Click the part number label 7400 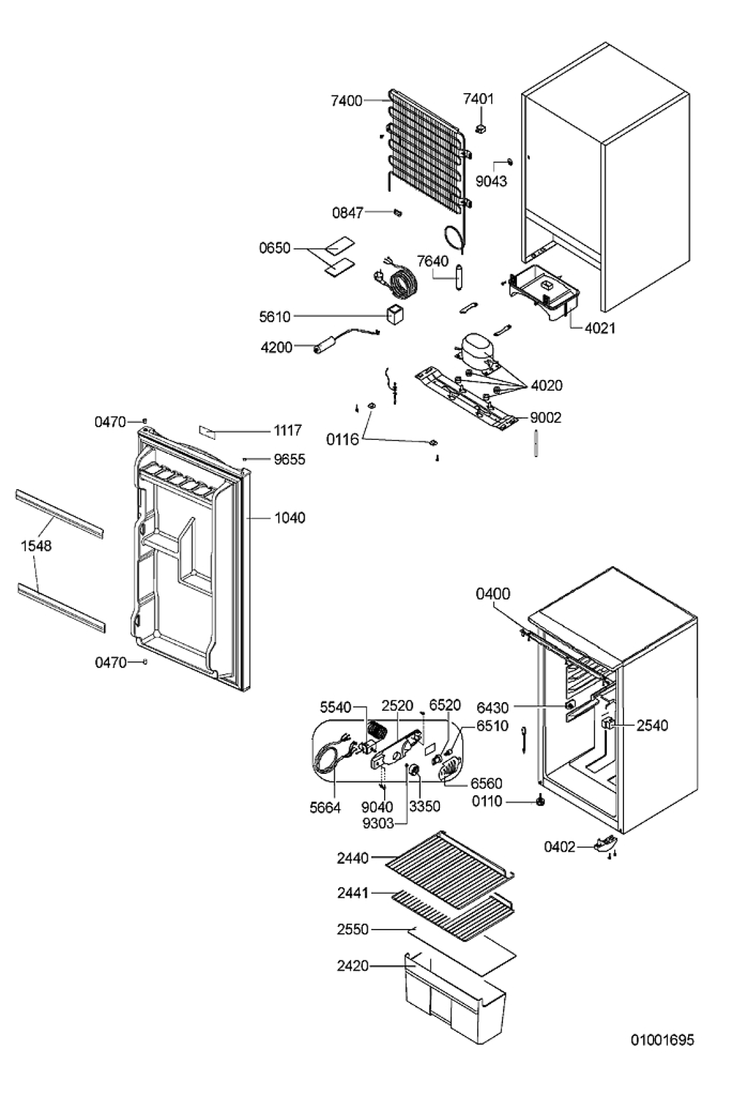[x=347, y=100]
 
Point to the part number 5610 [x=274, y=317]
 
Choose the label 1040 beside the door [x=289, y=518]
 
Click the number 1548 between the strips [x=36, y=546]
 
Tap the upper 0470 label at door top [x=110, y=422]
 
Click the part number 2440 [x=352, y=872]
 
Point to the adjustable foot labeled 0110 [x=541, y=801]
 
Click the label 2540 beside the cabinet [x=652, y=725]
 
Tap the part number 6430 [x=492, y=708]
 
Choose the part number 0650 [x=274, y=248]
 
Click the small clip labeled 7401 [x=482, y=128]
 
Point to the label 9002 [x=546, y=418]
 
